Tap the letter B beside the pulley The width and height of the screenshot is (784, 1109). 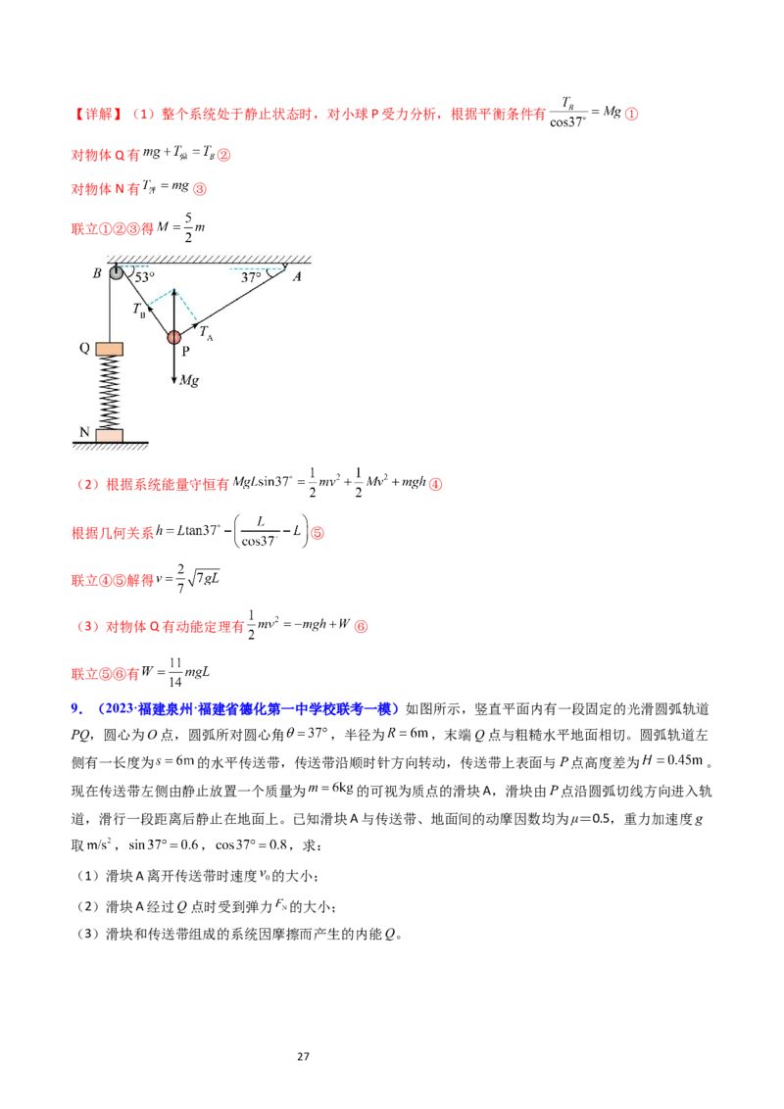coord(97,274)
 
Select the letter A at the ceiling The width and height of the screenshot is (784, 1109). coord(296,277)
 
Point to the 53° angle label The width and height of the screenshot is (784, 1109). coord(145,277)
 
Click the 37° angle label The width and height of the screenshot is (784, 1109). coord(252,278)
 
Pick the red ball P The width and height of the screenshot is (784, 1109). coord(174,338)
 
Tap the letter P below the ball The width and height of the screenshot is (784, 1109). coord(185,354)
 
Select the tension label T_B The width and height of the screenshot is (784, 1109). coord(139,309)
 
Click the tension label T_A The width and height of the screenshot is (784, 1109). coord(206,333)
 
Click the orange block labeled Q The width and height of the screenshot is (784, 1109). coord(109,349)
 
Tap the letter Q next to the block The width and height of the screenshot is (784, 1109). coord(84,348)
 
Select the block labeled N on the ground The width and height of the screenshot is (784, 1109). coord(109,434)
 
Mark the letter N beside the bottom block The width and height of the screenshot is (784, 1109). coord(84,431)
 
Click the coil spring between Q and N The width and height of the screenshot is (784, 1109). coord(109,392)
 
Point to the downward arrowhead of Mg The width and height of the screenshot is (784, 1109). coord(174,380)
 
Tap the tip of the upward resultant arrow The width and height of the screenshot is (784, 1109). coord(174,291)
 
